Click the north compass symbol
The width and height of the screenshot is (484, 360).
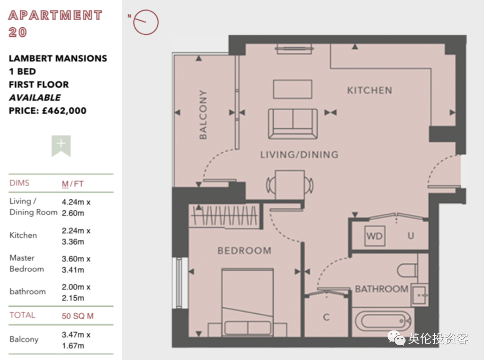[146, 22]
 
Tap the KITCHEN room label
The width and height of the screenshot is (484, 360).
[369, 90]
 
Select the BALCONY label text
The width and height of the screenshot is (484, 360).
[203, 115]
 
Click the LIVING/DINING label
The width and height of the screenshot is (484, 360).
[299, 154]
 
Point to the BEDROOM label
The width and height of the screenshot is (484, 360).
[245, 250]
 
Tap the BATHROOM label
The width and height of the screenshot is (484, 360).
[381, 289]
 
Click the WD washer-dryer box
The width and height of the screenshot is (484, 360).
[375, 236]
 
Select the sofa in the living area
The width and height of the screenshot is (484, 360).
[293, 124]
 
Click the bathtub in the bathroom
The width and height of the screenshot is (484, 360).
[383, 321]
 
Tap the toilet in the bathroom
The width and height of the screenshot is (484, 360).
[407, 270]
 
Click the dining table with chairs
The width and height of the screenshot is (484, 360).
[290, 185]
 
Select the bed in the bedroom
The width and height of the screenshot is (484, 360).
[247, 302]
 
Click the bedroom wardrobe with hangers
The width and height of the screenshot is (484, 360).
[225, 216]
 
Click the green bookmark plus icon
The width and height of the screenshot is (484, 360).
[61, 146]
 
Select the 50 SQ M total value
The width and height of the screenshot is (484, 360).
[78, 316]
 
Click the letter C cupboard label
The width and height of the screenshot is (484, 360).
[326, 317]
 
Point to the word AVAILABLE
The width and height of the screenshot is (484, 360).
[35, 98]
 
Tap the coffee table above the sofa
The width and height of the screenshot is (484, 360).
[293, 89]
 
